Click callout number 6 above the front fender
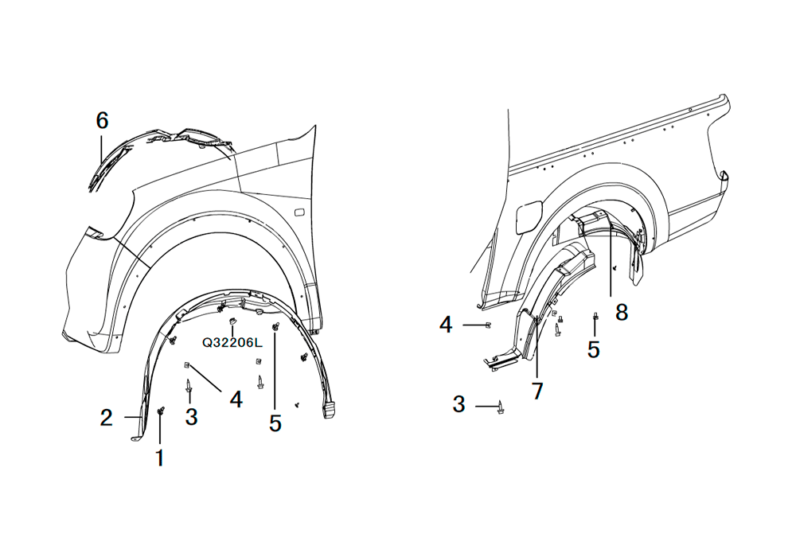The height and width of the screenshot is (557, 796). (x=102, y=121)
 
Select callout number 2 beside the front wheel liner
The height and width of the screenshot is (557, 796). (x=106, y=418)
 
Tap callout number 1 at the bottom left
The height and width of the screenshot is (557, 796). (x=160, y=458)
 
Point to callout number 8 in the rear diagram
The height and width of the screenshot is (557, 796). (x=622, y=313)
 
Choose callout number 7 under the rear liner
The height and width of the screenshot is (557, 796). (x=537, y=391)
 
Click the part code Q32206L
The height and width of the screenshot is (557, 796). (x=232, y=343)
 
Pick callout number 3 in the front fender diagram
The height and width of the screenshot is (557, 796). (x=191, y=417)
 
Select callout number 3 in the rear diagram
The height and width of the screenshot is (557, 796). (x=459, y=404)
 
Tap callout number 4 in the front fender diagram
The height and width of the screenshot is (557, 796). (x=236, y=399)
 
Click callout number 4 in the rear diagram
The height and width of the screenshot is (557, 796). (x=446, y=325)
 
